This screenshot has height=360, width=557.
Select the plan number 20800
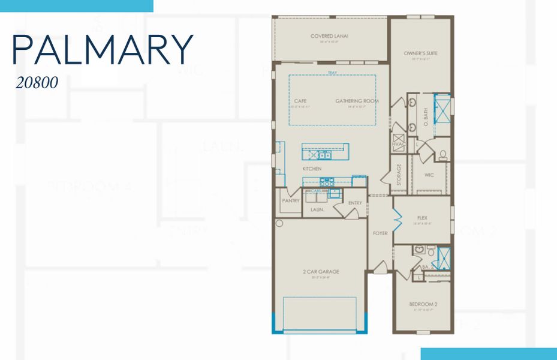(x=37, y=83)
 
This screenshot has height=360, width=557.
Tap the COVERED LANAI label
(x=329, y=37)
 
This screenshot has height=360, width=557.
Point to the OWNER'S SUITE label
(x=420, y=53)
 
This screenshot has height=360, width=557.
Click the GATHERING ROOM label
(x=357, y=101)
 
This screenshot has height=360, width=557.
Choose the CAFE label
(x=300, y=101)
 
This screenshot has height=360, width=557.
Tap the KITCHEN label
(x=312, y=169)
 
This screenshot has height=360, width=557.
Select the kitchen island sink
(x=324, y=155)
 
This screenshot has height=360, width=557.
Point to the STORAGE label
(x=399, y=174)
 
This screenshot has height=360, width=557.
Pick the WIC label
(x=429, y=175)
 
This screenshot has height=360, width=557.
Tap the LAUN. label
(x=317, y=209)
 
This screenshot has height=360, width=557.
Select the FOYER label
(x=380, y=233)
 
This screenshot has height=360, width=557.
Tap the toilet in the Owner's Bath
(x=442, y=155)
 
